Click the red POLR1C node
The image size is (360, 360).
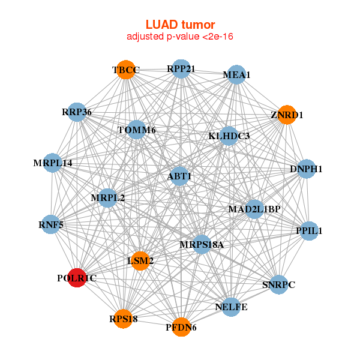77,278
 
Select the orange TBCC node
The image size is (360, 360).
125,70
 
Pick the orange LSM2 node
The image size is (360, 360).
140,261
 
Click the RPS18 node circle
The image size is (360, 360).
124,319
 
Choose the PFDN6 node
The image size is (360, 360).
181,327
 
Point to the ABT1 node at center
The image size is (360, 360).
180,176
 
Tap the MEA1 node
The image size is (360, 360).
236,74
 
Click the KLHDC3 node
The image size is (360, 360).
229,136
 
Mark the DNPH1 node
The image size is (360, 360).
306,169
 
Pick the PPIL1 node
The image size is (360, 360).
309,230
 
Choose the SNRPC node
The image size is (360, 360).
279,284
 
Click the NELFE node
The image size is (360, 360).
231,307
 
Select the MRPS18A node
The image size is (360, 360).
202,244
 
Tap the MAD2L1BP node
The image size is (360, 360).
254,209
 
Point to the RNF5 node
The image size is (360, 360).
51,225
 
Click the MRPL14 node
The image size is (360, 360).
53,163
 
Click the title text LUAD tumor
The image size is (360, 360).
180,25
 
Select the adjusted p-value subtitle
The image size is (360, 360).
180,37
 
